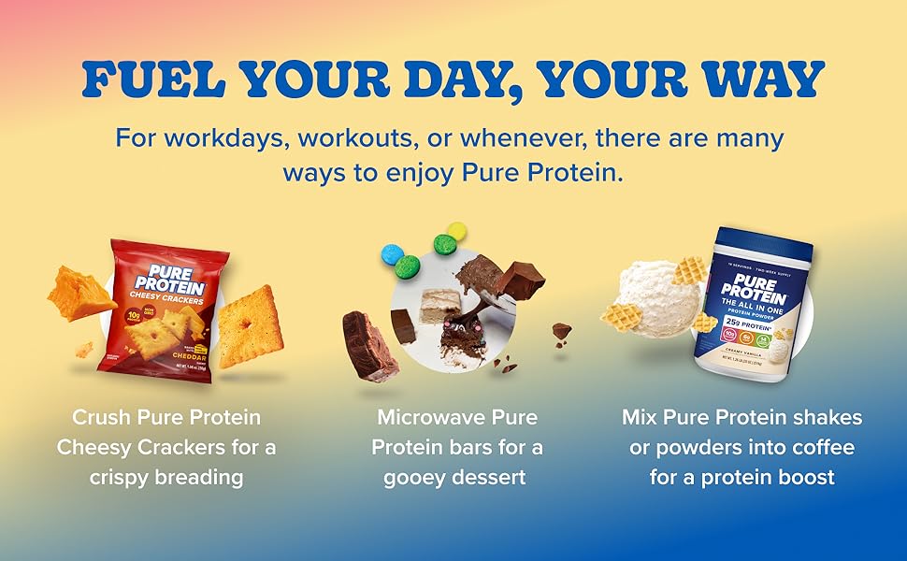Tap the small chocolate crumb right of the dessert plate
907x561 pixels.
click(561, 330)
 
